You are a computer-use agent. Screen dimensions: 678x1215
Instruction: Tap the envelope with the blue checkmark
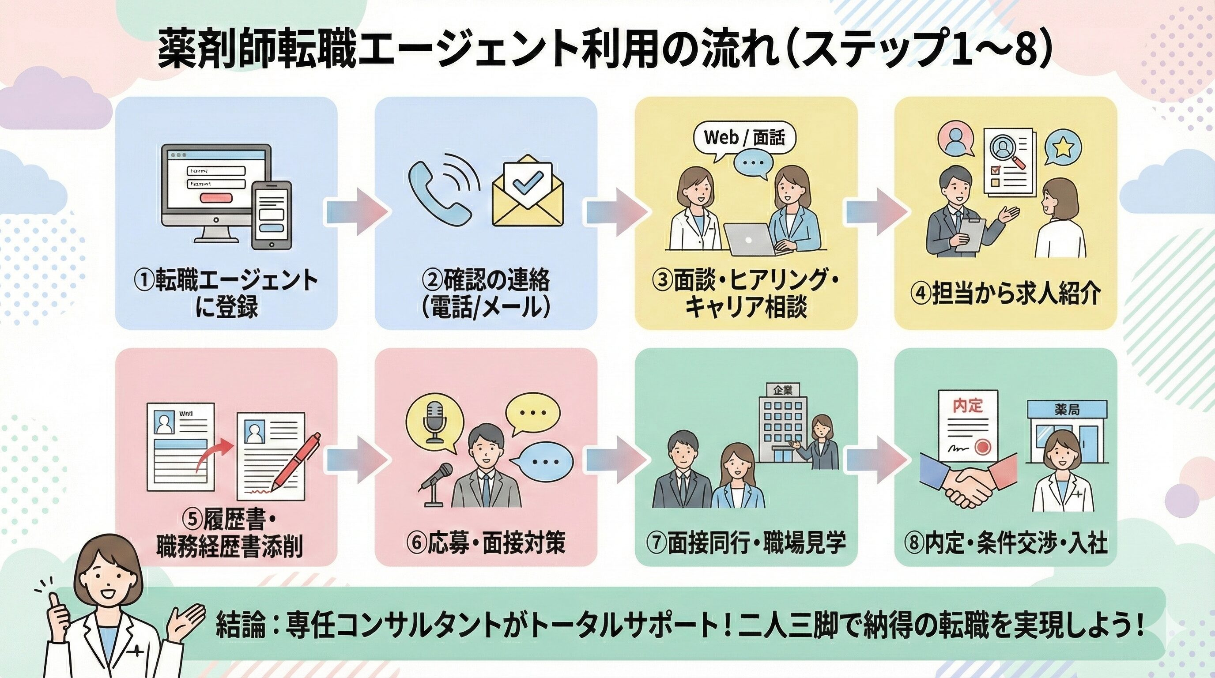[x=527, y=194]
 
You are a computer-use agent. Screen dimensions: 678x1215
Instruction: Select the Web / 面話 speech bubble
[x=744, y=138]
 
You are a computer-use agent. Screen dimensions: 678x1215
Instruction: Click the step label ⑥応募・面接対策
[x=486, y=543]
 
